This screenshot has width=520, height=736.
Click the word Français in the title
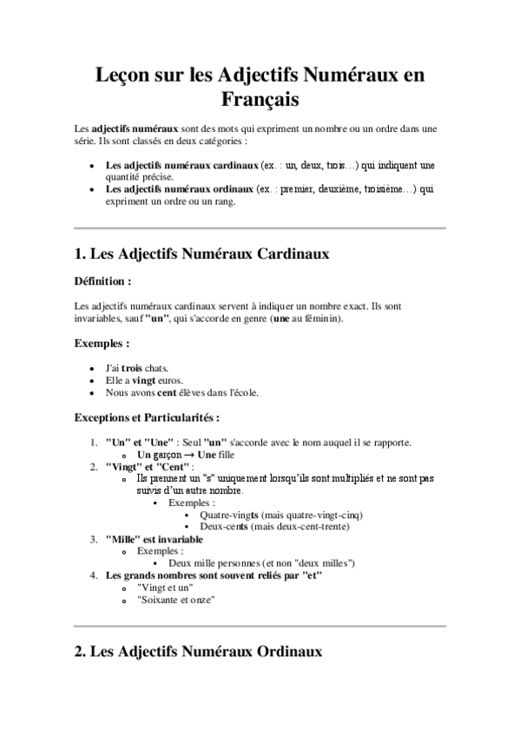(x=260, y=100)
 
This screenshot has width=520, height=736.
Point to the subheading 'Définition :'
(x=103, y=281)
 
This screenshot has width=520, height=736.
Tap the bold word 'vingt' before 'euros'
(x=144, y=380)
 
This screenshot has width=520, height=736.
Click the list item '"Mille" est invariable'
(x=154, y=539)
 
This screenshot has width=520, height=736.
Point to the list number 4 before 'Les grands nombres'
(x=94, y=575)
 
